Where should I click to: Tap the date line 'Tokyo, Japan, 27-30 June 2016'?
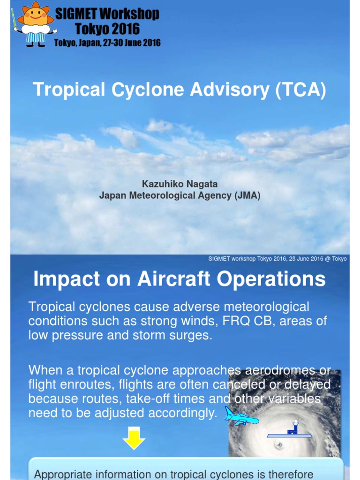point(107,43)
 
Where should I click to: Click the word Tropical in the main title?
point(69,90)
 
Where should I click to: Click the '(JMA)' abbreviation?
point(247,195)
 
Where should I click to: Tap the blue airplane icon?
point(241,417)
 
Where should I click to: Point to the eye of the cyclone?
point(279,444)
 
